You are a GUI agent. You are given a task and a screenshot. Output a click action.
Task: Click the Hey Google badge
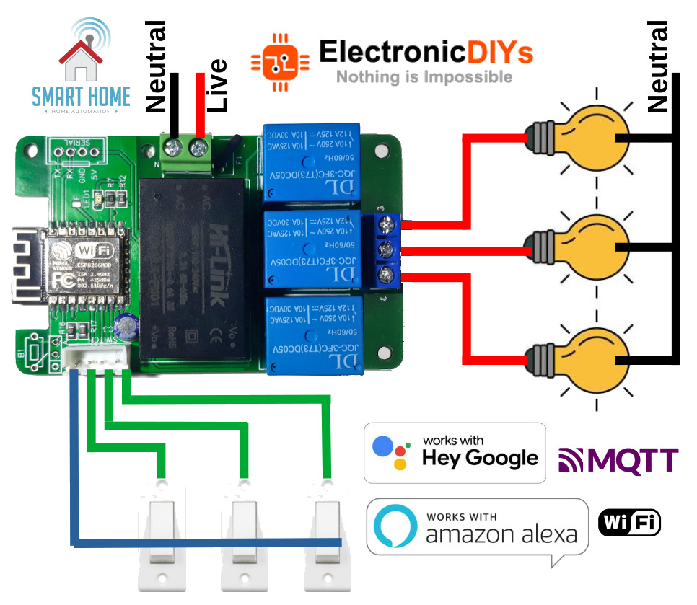455,452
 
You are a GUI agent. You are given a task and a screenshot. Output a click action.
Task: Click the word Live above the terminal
216,85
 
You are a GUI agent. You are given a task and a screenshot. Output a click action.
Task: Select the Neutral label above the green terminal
157,66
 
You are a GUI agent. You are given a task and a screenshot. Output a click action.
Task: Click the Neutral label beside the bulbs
657,66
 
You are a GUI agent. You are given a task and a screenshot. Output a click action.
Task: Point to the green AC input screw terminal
186,154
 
